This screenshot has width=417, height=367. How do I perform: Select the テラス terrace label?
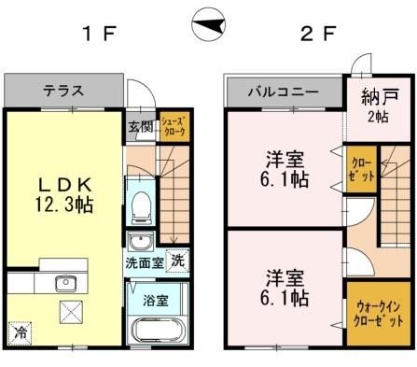pos(63,92)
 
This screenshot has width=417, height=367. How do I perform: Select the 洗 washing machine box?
pos(176,262)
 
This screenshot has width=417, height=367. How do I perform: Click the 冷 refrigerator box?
pos(20,332)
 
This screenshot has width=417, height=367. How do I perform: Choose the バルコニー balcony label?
pos(284,92)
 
